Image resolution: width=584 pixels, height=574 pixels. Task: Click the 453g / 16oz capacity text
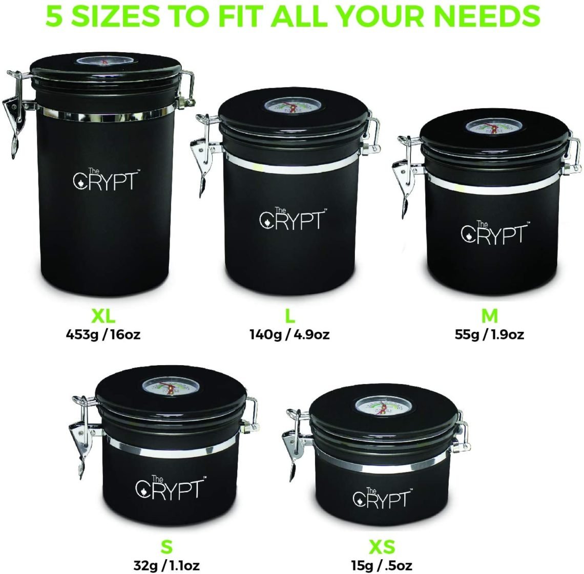[103, 335]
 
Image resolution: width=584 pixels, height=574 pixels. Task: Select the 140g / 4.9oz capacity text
[289, 335]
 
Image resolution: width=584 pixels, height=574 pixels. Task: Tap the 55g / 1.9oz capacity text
[489, 335]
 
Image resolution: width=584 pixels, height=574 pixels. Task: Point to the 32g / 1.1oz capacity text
[166, 565]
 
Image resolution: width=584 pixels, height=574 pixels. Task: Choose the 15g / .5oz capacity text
[382, 565]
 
